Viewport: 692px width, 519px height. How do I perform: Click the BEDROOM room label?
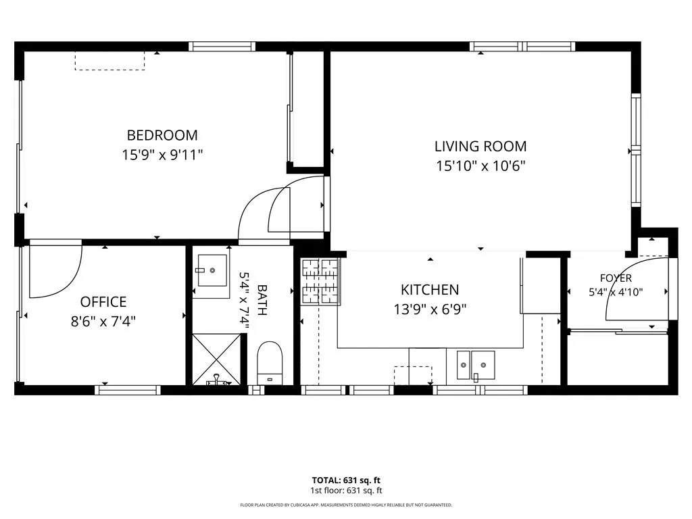(162, 135)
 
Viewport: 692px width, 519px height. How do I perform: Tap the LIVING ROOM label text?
(480, 146)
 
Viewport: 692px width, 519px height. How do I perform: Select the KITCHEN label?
(430, 289)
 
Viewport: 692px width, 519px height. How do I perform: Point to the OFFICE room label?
(103, 302)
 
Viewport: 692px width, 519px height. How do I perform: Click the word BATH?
(262, 300)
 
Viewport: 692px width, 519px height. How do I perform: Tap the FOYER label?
(616, 278)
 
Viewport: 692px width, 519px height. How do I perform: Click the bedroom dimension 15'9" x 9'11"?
(162, 155)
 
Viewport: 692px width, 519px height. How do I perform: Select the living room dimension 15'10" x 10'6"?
(480, 166)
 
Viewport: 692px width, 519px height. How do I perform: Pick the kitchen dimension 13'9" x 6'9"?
(430, 310)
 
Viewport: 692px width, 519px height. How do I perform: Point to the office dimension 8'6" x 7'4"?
(103, 321)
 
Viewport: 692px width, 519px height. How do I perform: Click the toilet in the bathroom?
(270, 363)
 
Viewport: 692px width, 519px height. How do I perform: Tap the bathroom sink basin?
(212, 270)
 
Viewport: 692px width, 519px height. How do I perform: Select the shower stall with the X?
(217, 360)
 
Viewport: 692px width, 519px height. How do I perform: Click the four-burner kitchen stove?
(320, 281)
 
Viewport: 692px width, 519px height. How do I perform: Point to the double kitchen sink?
(475, 365)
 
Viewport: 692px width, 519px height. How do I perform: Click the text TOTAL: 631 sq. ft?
(346, 480)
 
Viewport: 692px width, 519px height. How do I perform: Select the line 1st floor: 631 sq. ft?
(346, 491)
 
